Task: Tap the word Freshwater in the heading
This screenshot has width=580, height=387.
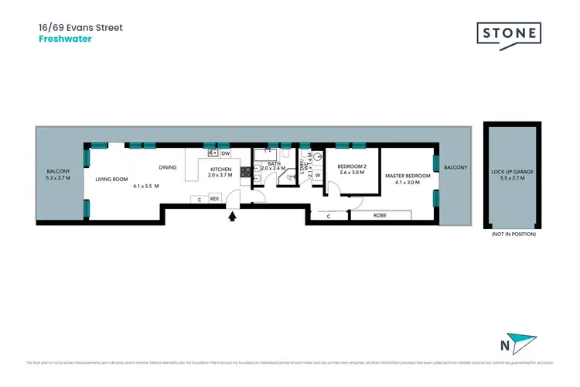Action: [x=64, y=39]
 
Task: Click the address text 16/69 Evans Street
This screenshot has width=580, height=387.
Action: [x=80, y=27]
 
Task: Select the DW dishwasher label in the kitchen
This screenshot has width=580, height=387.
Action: [x=226, y=153]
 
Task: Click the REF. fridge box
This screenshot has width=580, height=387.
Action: [x=214, y=200]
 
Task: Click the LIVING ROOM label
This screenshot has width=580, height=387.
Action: [x=111, y=179]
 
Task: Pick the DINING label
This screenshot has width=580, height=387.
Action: [x=168, y=167]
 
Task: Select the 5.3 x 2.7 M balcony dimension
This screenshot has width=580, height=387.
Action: [x=59, y=179]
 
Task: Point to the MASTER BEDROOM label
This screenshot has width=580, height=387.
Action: [x=407, y=176]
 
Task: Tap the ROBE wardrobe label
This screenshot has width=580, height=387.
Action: [x=380, y=215]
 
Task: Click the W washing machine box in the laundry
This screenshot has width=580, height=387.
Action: [x=318, y=175]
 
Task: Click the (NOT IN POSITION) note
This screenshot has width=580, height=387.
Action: [x=513, y=233]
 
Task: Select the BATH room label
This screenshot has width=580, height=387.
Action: [x=274, y=163]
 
